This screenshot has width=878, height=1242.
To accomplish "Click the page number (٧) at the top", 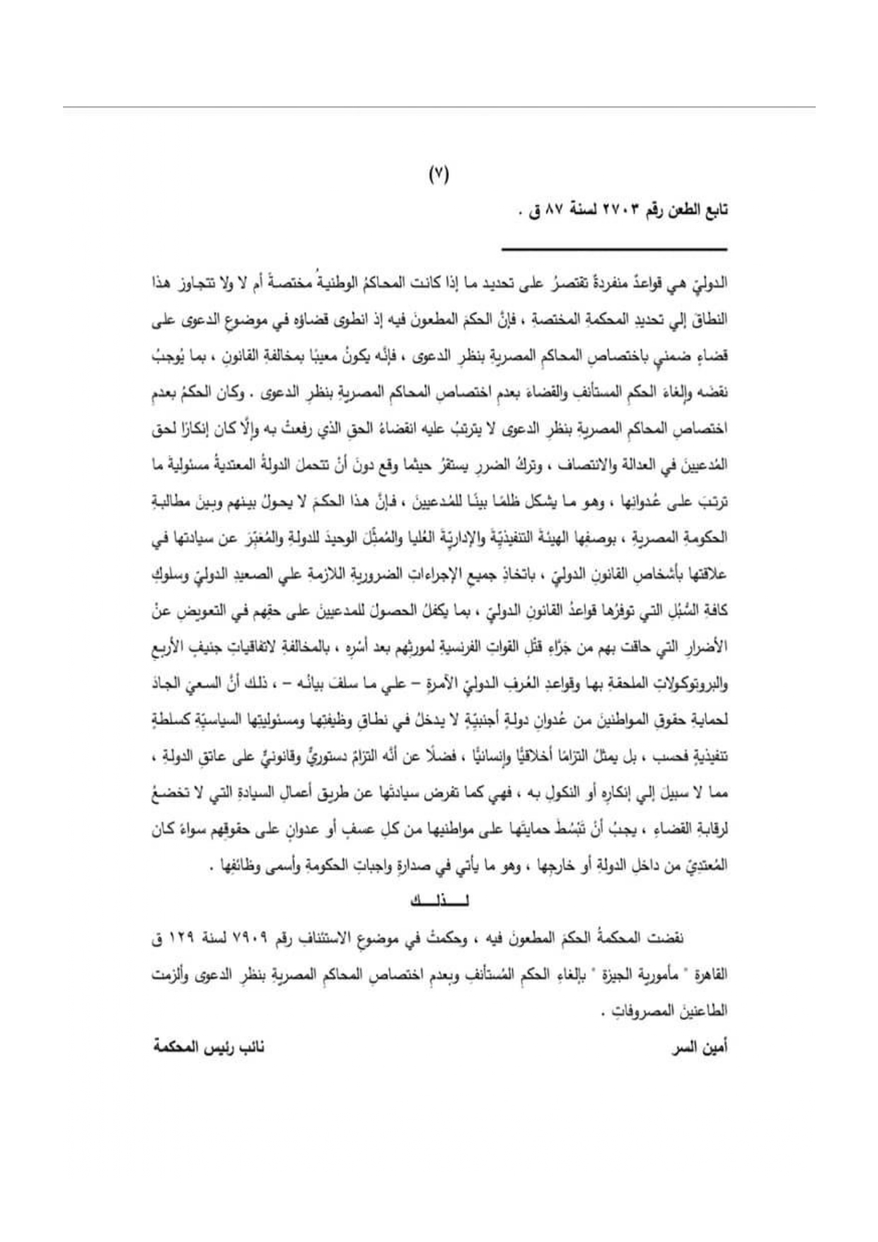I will [x=439, y=174].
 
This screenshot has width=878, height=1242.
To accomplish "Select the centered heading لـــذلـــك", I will [x=440, y=901].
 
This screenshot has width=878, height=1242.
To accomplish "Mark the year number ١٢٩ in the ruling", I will [x=186, y=938].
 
